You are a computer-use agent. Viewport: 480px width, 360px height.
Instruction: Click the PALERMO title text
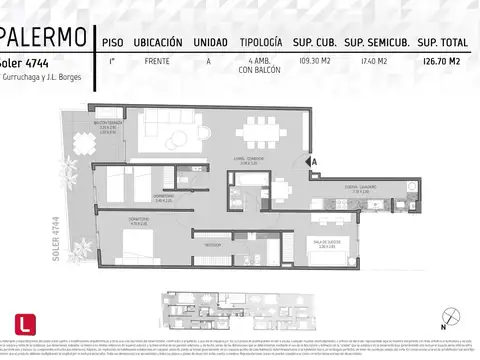[x=42, y=39]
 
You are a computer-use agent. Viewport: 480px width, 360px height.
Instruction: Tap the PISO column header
[x=113, y=43]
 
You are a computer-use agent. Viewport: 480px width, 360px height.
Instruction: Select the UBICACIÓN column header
[x=157, y=43]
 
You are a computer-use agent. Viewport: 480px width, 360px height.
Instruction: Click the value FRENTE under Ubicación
[x=156, y=62]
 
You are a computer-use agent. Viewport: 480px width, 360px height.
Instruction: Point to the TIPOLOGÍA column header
[x=261, y=43]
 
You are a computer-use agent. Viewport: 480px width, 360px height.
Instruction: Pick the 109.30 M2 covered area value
[x=314, y=62]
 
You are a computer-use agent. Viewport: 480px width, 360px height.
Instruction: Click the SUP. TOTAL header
[x=442, y=43]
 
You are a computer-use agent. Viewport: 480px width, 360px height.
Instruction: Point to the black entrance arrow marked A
[x=312, y=160]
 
